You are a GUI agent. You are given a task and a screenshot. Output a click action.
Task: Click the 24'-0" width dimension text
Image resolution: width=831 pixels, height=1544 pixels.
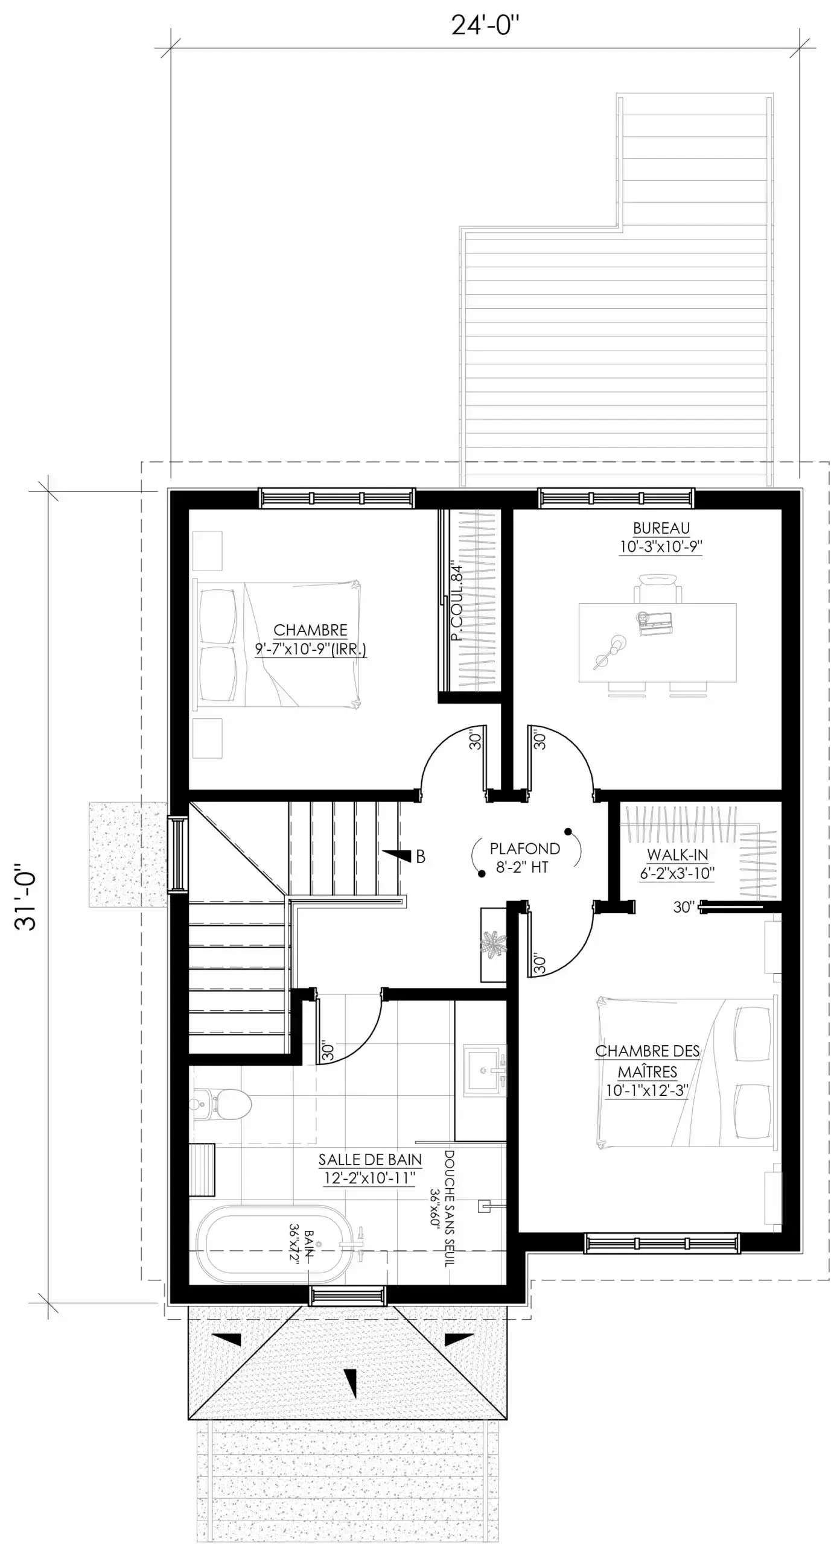pos(485,26)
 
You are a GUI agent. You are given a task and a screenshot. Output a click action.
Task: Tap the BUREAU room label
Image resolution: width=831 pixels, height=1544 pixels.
pos(661,528)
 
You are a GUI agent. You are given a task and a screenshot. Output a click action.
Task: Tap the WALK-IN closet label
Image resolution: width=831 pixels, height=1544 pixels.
pos(677,855)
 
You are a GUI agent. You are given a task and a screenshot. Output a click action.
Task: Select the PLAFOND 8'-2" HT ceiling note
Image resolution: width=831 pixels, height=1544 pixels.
pos(524,858)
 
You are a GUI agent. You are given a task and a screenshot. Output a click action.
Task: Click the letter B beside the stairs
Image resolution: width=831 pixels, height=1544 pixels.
pos(421,856)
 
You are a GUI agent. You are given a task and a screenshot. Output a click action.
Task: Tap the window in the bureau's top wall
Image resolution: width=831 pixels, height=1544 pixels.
pos(616,498)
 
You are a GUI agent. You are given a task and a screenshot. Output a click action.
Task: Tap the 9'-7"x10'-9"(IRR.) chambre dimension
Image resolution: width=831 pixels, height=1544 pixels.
pos(310,650)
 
